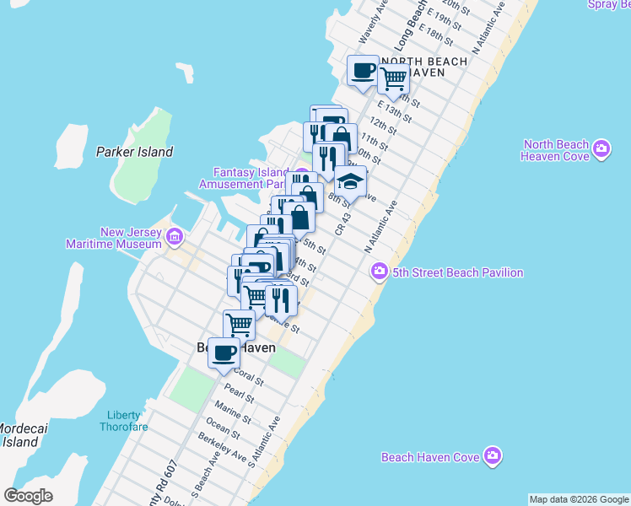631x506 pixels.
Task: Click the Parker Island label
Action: click(x=134, y=152)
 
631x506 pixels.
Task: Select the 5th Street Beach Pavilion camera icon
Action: click(x=379, y=272)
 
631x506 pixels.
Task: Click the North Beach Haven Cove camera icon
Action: click(x=601, y=150)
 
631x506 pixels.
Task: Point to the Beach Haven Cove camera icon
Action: click(x=493, y=456)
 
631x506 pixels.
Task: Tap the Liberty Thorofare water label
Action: click(x=127, y=420)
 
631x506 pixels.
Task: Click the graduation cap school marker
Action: click(x=351, y=180)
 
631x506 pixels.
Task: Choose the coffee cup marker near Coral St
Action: click(x=224, y=352)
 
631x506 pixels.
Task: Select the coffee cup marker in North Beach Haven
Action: click(x=363, y=70)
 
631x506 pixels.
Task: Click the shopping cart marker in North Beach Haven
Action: click(x=393, y=78)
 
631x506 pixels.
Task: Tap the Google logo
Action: click(x=28, y=496)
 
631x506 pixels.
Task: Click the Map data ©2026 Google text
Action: click(x=579, y=499)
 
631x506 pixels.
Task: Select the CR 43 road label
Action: click(x=342, y=223)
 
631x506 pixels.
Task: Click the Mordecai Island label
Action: click(x=19, y=435)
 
